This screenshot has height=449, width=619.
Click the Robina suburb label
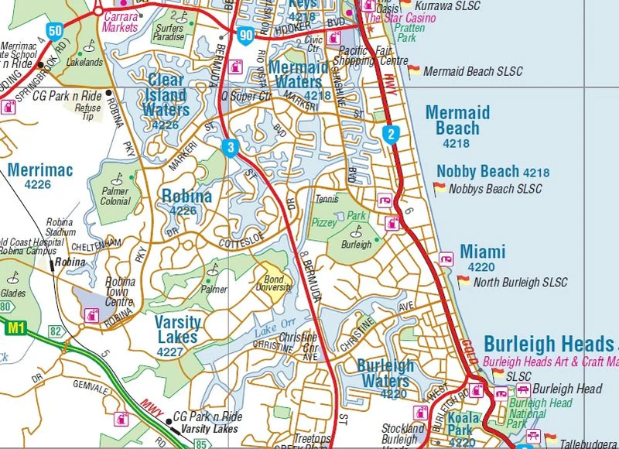click(x=186, y=197)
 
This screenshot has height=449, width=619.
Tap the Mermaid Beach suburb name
click(x=457, y=121)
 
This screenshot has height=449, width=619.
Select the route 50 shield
click(x=54, y=31)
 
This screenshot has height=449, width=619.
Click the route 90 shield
click(x=246, y=33)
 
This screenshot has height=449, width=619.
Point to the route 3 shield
click(x=230, y=147)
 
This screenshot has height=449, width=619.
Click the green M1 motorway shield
click(x=15, y=328)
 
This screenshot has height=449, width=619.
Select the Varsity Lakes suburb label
click(x=177, y=329)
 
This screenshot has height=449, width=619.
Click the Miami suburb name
click(x=482, y=252)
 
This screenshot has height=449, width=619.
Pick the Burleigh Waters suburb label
click(x=385, y=373)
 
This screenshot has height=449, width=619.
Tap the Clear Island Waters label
click(x=166, y=95)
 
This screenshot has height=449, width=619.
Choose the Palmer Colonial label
click(x=115, y=197)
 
